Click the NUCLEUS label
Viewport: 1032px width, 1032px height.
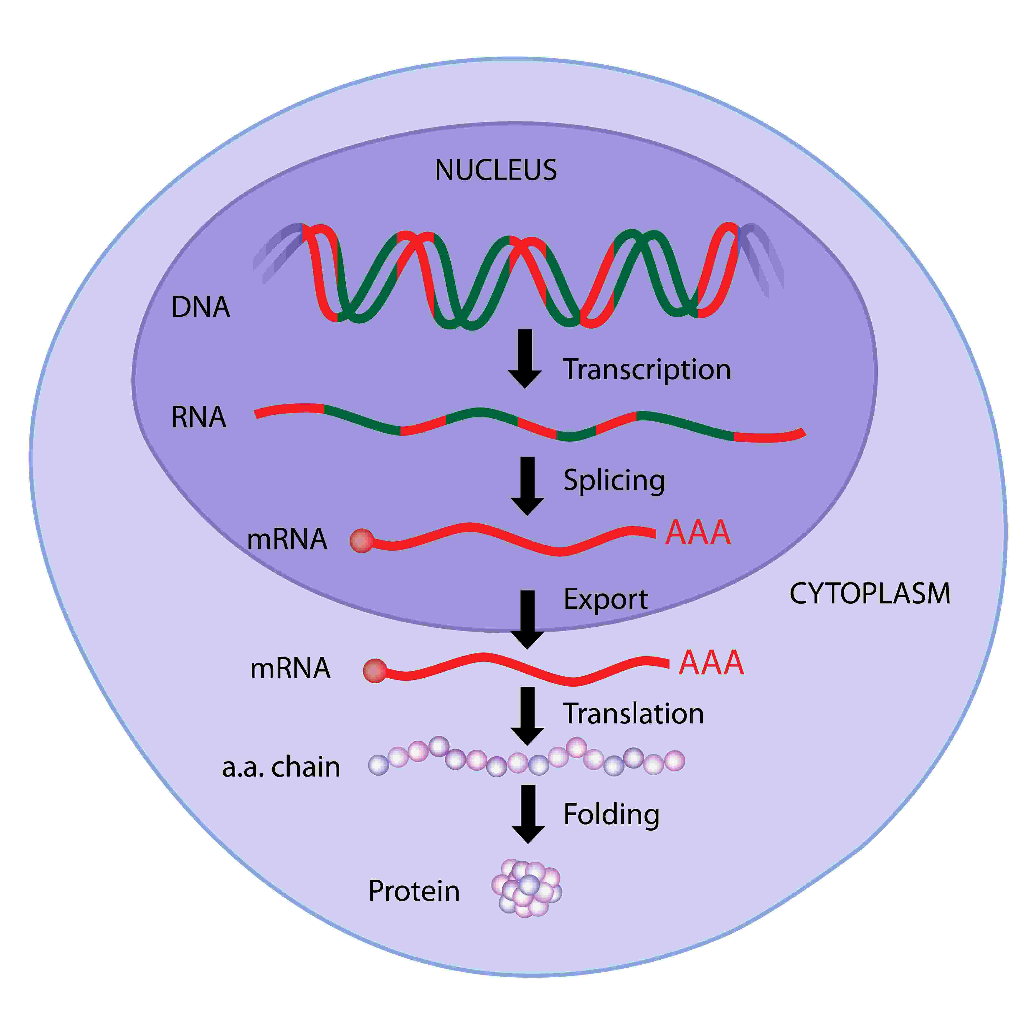point(496,170)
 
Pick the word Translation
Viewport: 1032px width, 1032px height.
point(634,714)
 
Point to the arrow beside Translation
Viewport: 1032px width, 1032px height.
point(527,716)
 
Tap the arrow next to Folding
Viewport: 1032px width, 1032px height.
point(528,814)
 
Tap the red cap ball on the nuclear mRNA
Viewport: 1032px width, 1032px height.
point(362,541)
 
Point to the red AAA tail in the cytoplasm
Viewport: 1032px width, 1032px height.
point(711,663)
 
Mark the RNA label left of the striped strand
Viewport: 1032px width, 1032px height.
point(199,417)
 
